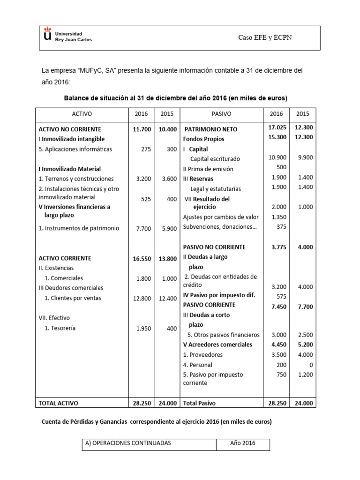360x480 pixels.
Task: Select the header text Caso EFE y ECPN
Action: coord(265,37)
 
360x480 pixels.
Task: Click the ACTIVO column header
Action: coord(82,114)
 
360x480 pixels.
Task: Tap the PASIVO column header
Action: coord(221,114)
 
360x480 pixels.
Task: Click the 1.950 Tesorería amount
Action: coord(143,329)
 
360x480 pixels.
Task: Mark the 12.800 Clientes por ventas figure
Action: coord(142,298)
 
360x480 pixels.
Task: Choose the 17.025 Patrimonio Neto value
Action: coord(277,127)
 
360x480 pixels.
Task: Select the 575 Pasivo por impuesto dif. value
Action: coord(280,296)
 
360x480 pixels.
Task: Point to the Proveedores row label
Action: coord(202,355)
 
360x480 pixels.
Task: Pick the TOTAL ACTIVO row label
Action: coord(59,403)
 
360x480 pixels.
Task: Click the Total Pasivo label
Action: coord(200,403)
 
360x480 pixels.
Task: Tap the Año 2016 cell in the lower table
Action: coord(242,443)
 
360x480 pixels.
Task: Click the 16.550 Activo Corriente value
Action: coord(142,258)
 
